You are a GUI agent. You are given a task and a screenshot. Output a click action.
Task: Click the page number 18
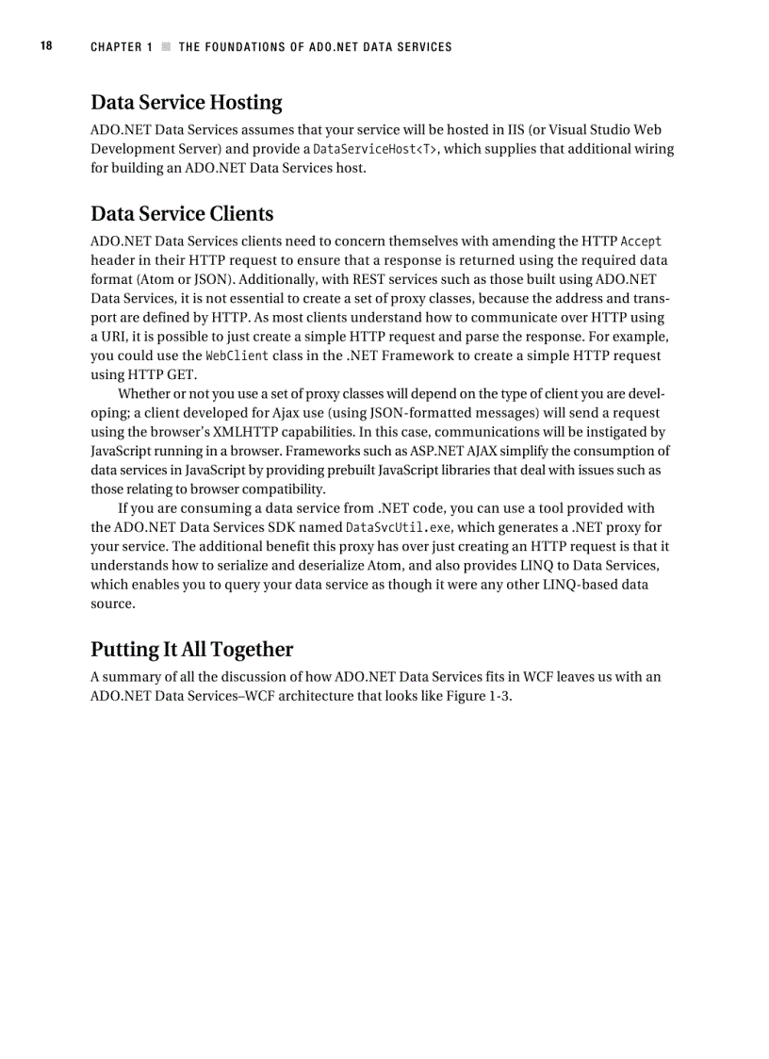click(46, 46)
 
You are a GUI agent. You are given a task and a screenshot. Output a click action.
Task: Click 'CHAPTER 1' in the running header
click(122, 47)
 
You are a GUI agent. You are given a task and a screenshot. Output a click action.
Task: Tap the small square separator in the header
click(166, 47)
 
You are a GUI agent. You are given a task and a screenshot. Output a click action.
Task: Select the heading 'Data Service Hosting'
click(186, 103)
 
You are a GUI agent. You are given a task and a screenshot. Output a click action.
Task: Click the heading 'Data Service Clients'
click(182, 214)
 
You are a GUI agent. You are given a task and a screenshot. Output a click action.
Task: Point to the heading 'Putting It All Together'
click(191, 650)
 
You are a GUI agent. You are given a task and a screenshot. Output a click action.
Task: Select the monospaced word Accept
click(641, 241)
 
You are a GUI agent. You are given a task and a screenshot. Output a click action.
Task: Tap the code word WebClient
click(237, 356)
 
